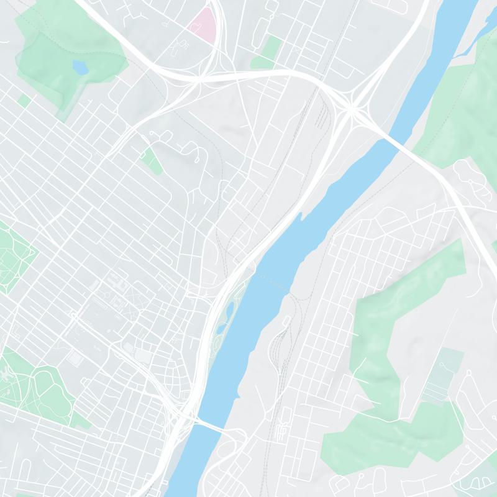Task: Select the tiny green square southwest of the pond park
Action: (24, 100)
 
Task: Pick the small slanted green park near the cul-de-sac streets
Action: (151, 160)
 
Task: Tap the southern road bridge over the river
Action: (210, 427)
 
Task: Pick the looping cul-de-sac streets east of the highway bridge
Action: (472, 180)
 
